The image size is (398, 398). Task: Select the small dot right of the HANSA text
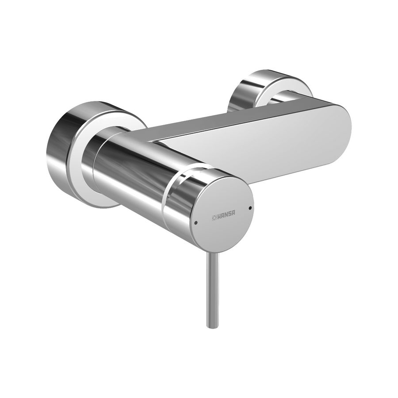point(250,207)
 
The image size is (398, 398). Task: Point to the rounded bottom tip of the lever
point(212,325)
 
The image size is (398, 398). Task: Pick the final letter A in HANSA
point(233,212)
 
